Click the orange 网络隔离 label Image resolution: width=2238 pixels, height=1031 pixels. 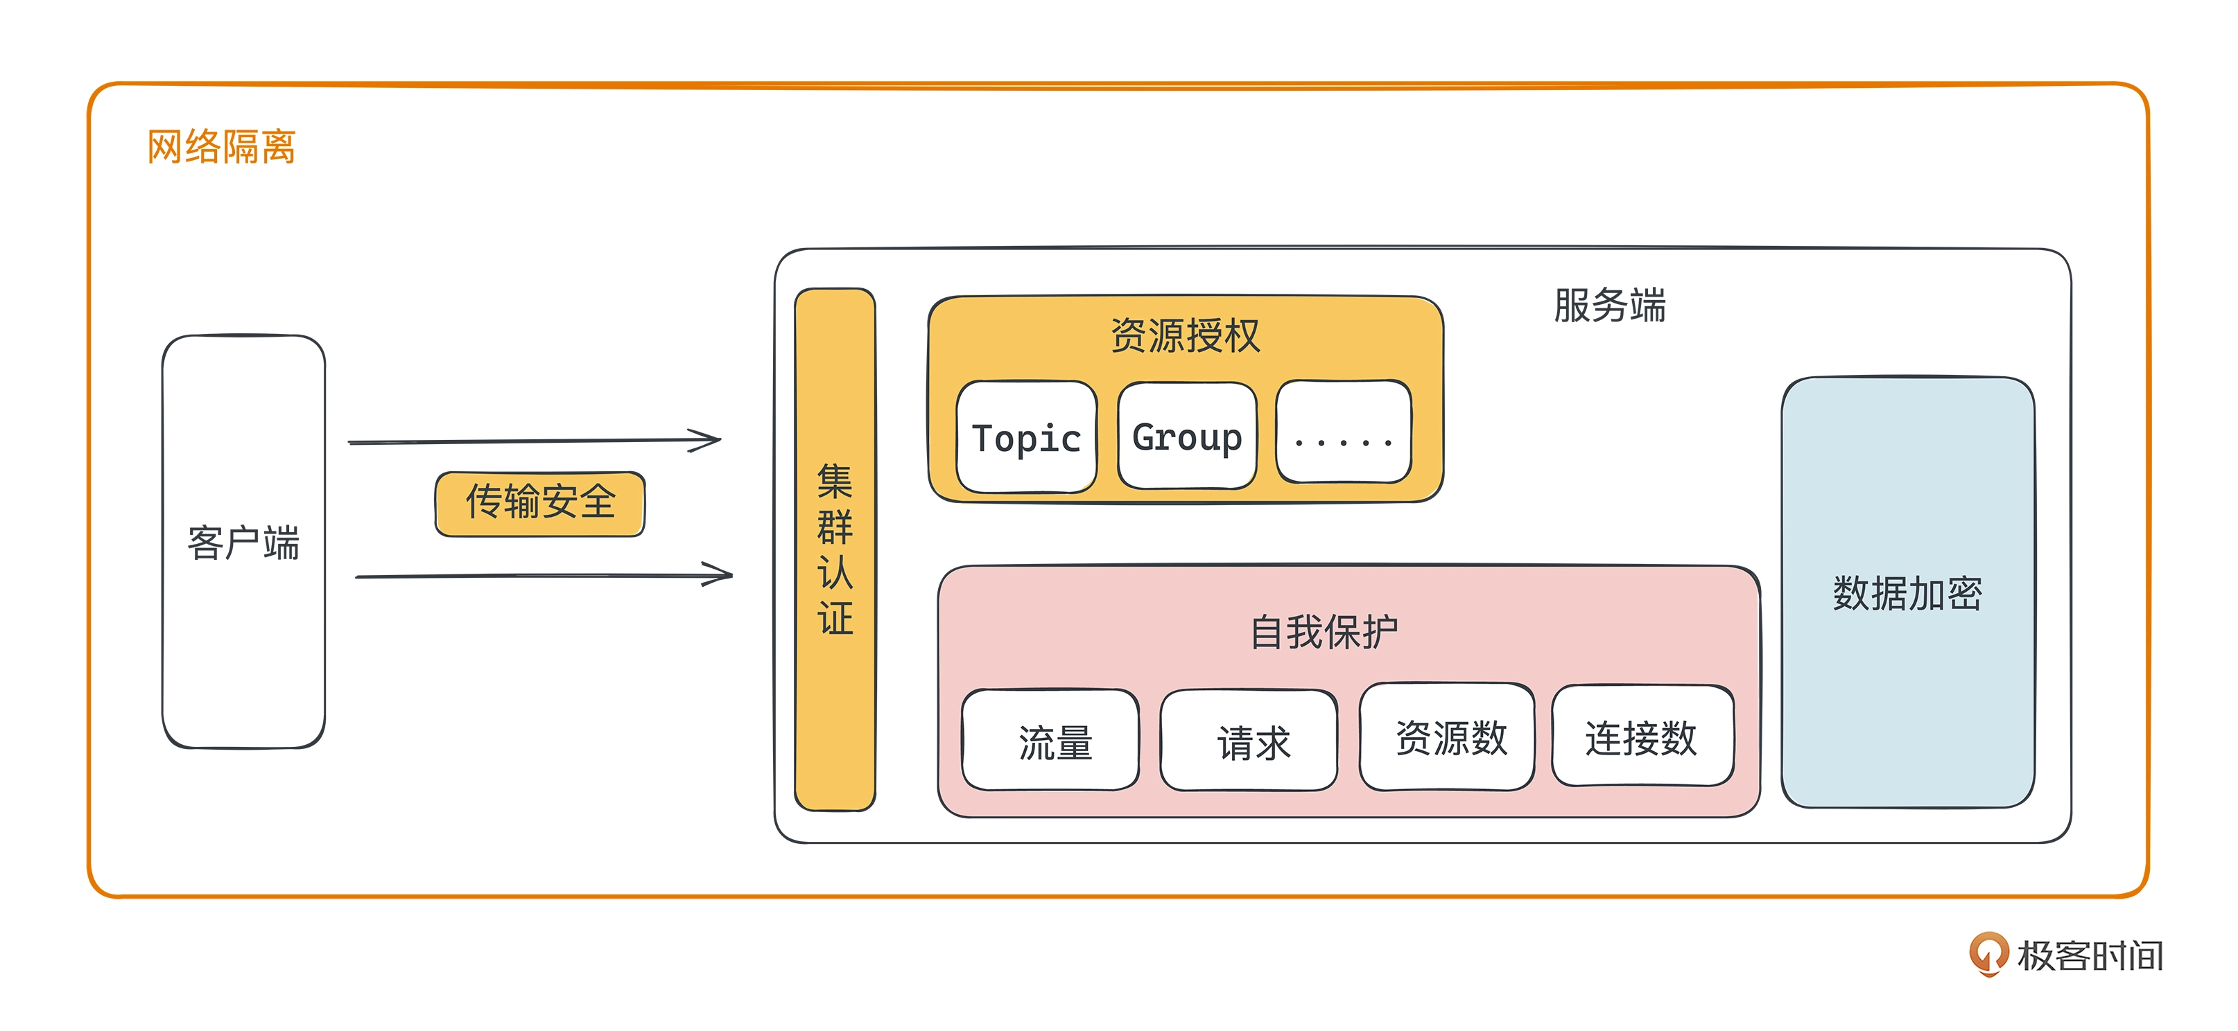(x=222, y=147)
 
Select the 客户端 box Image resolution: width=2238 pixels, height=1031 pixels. (x=243, y=541)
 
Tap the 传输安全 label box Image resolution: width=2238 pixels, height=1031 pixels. (x=539, y=503)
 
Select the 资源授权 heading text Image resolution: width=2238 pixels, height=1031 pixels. (x=1185, y=335)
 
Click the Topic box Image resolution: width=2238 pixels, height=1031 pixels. (x=1026, y=438)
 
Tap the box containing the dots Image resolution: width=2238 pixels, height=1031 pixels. (x=1343, y=432)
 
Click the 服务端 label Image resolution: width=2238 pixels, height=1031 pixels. (x=1610, y=306)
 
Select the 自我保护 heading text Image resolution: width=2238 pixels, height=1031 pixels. (x=1324, y=631)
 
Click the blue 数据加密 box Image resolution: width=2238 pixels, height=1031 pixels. (x=1907, y=593)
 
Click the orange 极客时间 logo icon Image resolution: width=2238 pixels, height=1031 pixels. (x=1988, y=953)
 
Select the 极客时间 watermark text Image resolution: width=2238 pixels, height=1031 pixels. (x=2090, y=955)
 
